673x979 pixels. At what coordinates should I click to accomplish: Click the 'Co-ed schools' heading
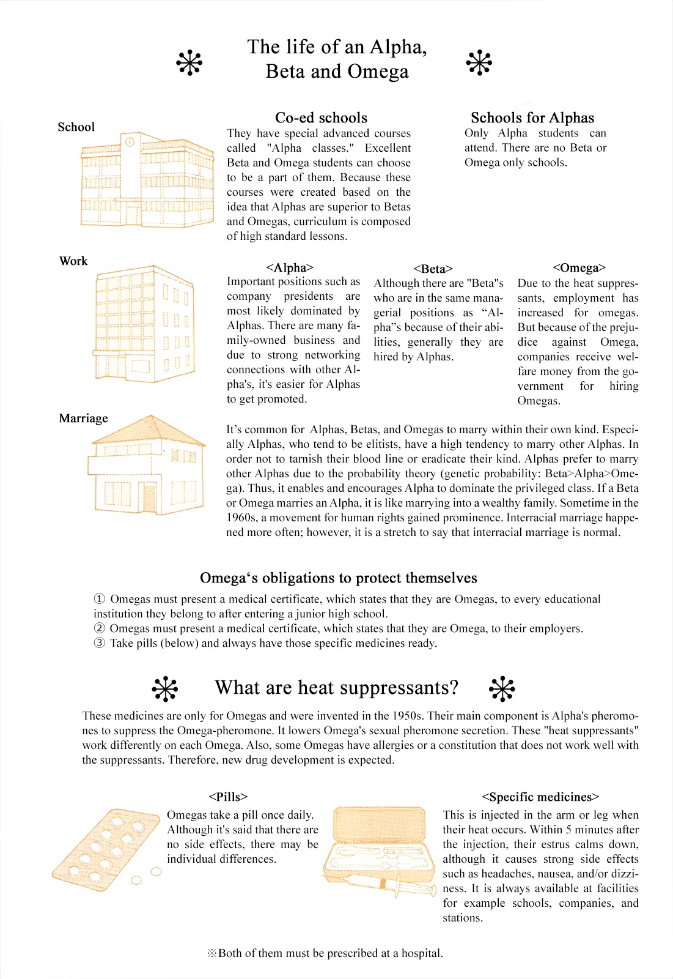coord(321,117)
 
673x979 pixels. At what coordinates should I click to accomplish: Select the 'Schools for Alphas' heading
coord(532,117)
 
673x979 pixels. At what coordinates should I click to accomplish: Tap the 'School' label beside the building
coord(76,127)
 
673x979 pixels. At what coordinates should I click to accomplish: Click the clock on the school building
coord(130,142)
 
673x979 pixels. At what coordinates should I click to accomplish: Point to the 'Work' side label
coord(73,261)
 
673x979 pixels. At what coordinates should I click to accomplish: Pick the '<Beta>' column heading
coord(433,269)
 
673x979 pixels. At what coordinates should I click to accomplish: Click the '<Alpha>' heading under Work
coord(290,267)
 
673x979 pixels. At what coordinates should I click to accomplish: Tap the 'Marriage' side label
coord(83,419)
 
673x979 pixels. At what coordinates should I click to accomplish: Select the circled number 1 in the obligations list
coord(99,599)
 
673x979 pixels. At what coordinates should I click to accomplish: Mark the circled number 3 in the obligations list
coord(99,643)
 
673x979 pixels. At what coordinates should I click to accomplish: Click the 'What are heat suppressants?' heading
coord(336,688)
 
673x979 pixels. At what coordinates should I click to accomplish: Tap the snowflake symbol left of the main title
coord(189,62)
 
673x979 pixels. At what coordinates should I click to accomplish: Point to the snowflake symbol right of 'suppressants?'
coord(502,689)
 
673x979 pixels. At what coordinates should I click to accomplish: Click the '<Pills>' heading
coord(227,797)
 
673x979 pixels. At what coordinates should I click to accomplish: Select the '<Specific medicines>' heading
coord(540,797)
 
